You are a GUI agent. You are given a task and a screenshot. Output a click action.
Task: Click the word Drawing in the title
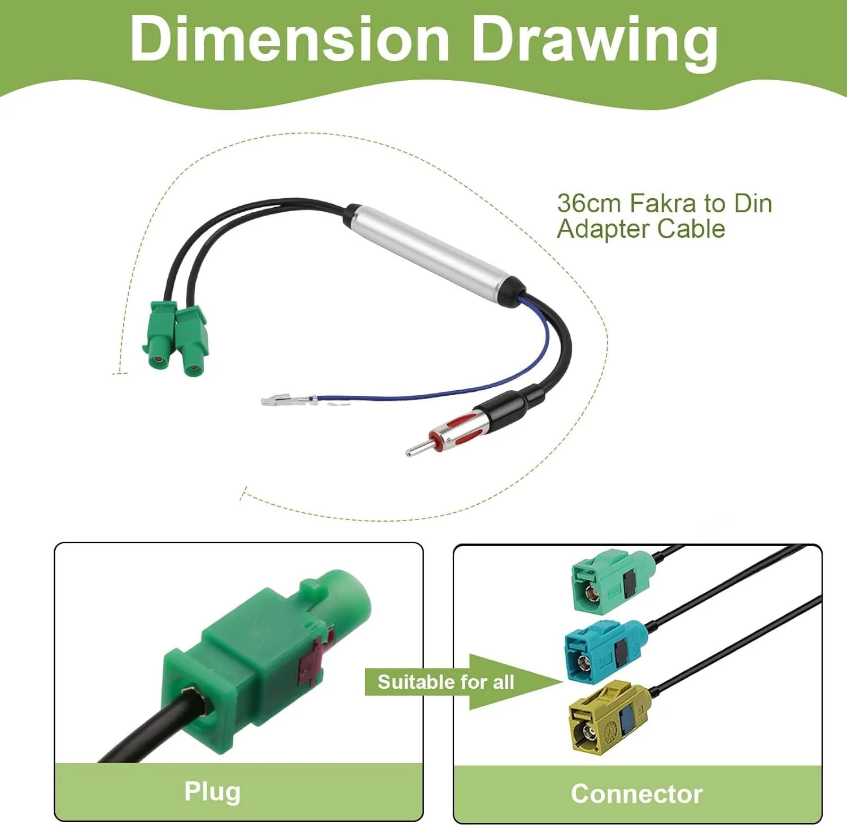595,42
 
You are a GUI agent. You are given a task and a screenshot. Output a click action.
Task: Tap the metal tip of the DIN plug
417,448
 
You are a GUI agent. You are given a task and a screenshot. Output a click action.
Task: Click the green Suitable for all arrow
463,681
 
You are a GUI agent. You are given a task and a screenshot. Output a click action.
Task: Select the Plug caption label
212,792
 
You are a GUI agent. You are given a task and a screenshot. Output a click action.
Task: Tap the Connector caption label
636,793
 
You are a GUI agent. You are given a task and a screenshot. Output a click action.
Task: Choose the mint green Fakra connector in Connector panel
613,582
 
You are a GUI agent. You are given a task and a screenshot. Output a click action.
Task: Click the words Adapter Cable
641,229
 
